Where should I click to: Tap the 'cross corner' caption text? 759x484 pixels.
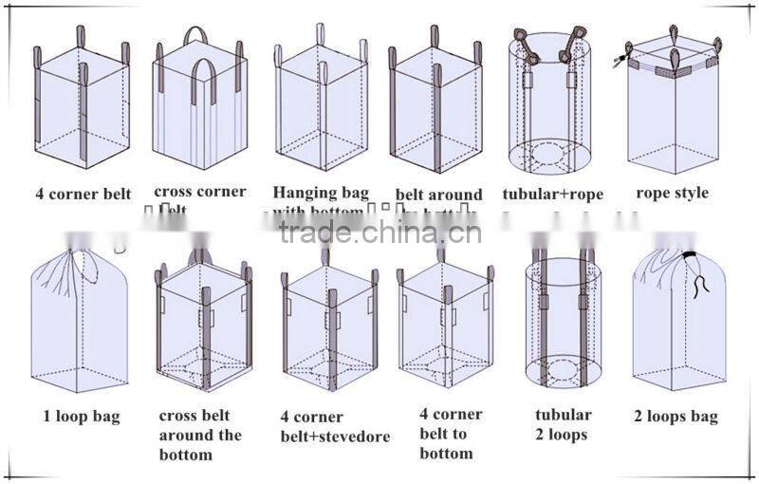click(x=199, y=192)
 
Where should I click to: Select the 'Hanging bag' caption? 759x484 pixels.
click(x=321, y=193)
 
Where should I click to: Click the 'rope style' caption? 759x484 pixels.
click(x=672, y=193)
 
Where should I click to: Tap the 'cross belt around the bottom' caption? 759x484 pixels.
click(x=200, y=436)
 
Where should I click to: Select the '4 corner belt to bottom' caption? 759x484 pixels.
click(x=451, y=434)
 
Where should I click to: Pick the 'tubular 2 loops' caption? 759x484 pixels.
click(x=563, y=424)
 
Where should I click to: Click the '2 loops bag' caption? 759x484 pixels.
click(x=676, y=416)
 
